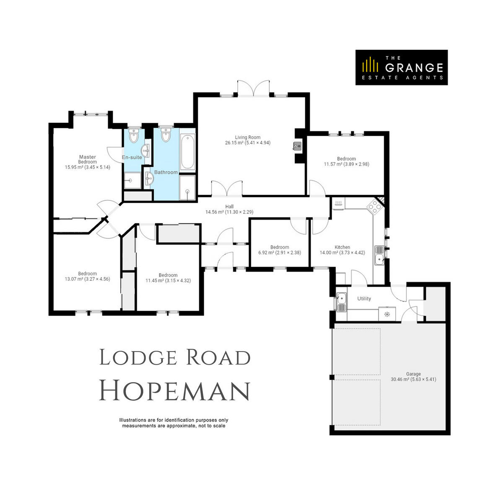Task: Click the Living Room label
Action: [247, 137]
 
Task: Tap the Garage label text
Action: [413, 374]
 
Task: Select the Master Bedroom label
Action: [87, 159]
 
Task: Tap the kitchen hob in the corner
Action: [374, 207]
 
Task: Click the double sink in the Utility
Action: [342, 302]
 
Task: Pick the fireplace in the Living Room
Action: [297, 146]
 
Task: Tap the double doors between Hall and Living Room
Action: [227, 189]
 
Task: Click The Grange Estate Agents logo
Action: [401, 67]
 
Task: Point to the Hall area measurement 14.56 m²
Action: [214, 212]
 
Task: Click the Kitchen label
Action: [342, 247]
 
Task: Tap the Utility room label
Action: [364, 299]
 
